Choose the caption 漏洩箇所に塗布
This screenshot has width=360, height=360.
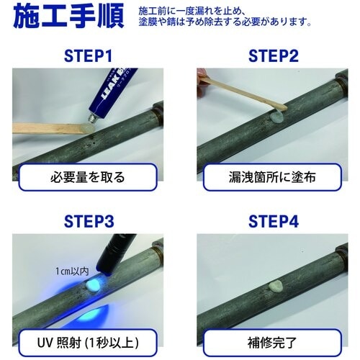click(x=271, y=176)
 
